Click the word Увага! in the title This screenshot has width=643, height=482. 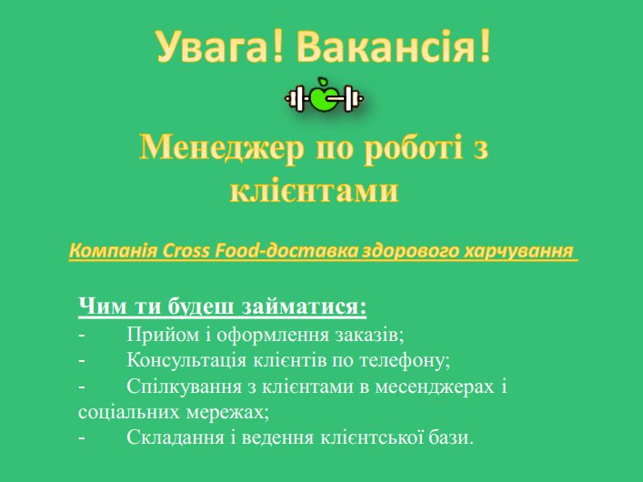pyautogui.click(x=219, y=46)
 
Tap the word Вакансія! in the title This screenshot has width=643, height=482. pyautogui.click(x=393, y=45)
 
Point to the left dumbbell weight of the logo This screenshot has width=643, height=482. pyautogui.click(x=296, y=98)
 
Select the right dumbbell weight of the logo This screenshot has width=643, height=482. pyautogui.click(x=351, y=98)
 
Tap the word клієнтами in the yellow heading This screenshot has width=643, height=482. pyautogui.click(x=314, y=190)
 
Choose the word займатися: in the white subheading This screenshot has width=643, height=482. pyautogui.click(x=304, y=306)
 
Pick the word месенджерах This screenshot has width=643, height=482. pyautogui.click(x=434, y=387)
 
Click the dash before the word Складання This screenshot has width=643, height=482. pyautogui.click(x=82, y=438)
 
